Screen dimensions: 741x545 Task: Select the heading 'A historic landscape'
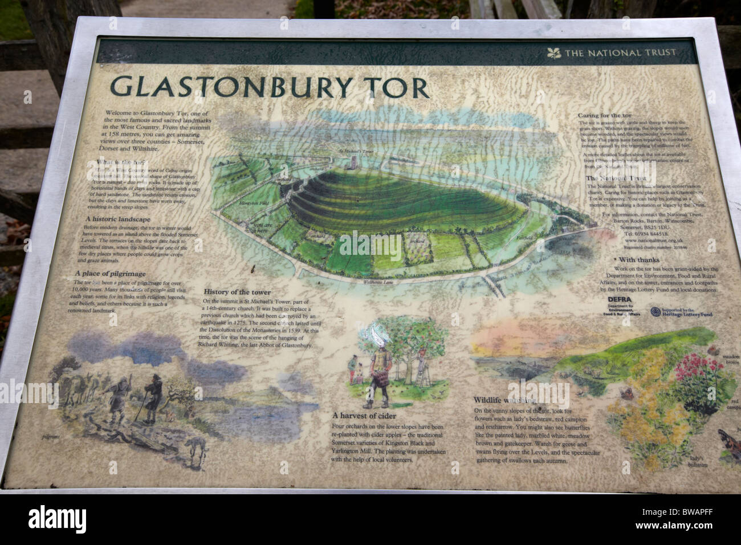118,219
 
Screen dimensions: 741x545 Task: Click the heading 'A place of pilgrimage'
111,274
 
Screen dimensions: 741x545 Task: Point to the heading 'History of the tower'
237,292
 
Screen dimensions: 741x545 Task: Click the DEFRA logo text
619,299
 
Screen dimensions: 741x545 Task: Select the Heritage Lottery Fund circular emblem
655,312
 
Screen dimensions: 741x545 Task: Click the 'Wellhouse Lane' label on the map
378,282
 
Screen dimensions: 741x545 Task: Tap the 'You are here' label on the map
259,227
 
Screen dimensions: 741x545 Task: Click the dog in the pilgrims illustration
197,449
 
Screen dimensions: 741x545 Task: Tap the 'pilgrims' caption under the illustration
51,438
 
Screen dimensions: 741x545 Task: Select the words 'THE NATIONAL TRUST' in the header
620,53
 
